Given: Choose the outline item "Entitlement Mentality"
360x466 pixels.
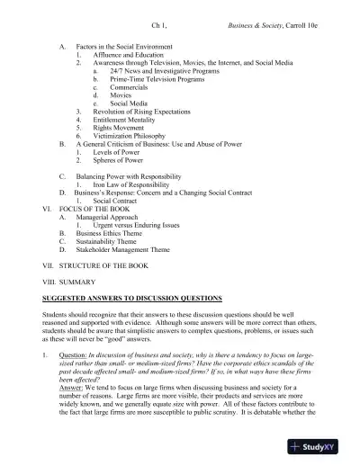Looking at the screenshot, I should pos(130,117).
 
